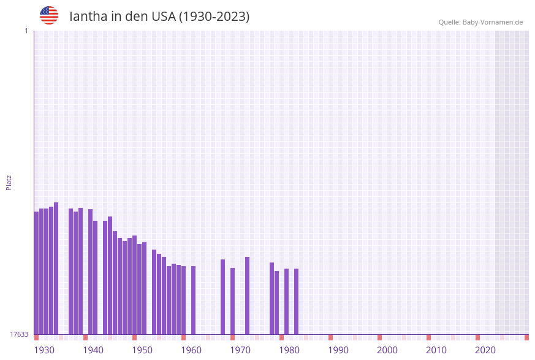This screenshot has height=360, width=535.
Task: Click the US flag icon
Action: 49,15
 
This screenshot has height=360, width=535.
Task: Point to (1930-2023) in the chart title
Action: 214,17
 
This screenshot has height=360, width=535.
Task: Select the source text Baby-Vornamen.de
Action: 492,22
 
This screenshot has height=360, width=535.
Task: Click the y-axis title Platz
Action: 9,182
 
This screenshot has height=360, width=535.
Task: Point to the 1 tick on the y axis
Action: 26,31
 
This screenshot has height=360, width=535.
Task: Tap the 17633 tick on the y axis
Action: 19,334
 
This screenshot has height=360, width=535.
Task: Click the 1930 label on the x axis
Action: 44,350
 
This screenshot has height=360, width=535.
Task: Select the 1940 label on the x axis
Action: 93,350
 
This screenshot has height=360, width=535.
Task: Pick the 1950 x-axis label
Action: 142,350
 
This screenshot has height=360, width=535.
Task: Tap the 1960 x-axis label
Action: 191,350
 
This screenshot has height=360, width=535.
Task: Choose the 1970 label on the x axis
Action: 240,350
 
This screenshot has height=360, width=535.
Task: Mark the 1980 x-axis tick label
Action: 289,350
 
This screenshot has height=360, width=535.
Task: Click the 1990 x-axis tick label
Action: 338,350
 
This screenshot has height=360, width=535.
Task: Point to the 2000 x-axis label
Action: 387,350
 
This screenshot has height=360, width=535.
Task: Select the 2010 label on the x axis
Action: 436,350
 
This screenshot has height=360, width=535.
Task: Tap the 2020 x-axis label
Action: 485,350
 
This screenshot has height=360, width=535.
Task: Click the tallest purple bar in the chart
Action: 56,268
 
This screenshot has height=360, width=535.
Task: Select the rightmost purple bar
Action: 296,301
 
